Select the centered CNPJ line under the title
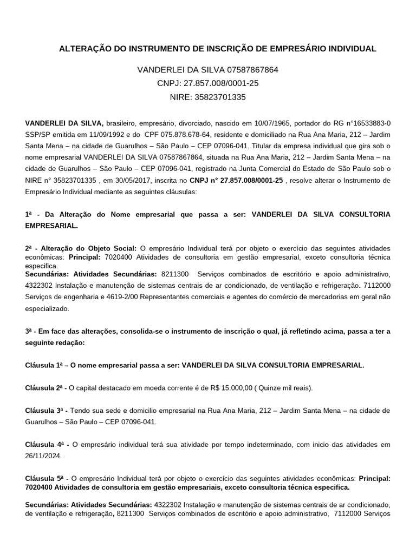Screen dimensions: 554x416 click(208, 83)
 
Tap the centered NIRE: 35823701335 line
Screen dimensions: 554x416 click(208, 97)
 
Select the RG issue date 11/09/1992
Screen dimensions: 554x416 click(95, 135)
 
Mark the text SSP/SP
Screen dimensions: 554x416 click(37, 135)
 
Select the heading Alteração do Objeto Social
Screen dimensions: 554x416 click(87, 248)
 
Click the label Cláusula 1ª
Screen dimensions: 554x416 click(44, 365)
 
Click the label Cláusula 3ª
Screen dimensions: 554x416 click(44, 411)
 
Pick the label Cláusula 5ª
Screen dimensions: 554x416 click(44, 478)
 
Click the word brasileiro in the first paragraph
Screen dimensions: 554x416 click(123, 123)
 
